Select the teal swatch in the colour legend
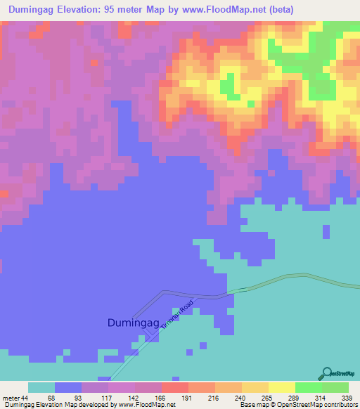click(41, 387)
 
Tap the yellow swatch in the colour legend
click(281, 387)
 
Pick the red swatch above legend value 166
click(174, 387)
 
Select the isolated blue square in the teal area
click(326, 231)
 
